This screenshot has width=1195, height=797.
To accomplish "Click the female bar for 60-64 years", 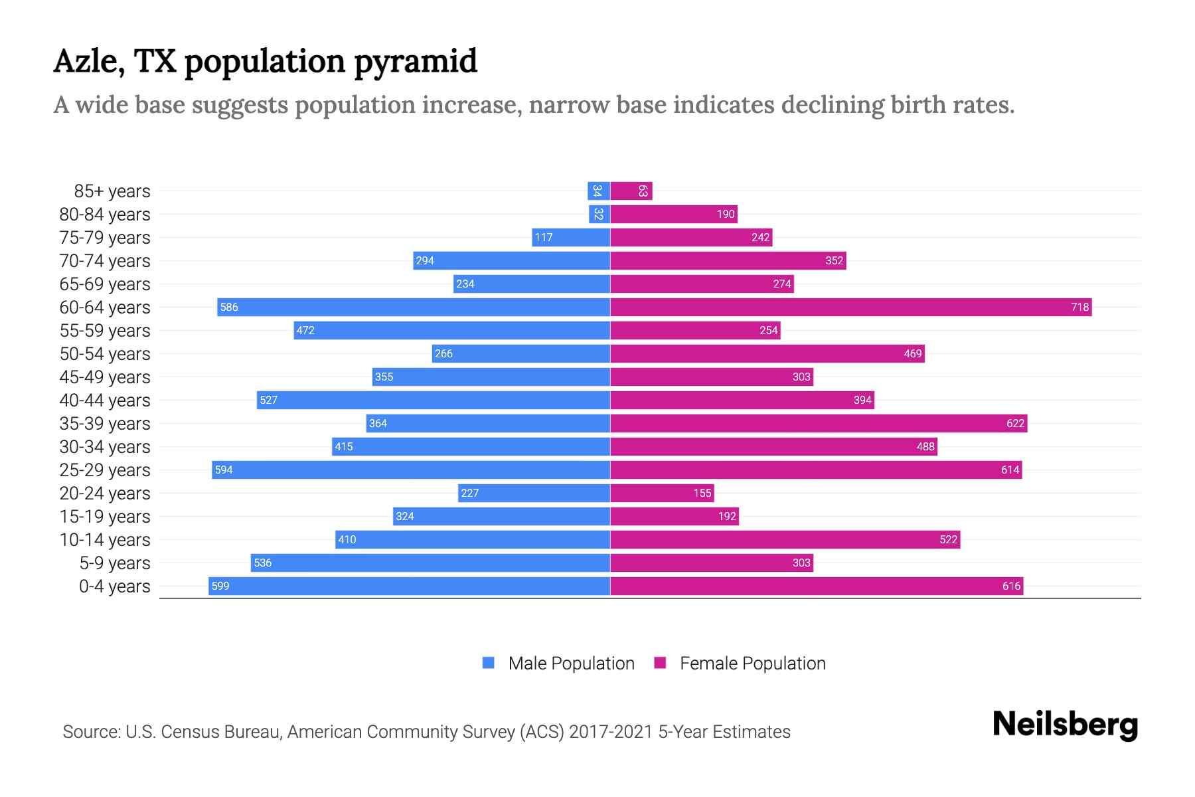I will point(850,307).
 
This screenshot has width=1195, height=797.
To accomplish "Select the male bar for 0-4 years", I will point(409,586).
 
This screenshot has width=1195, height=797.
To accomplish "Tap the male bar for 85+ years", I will point(599,191).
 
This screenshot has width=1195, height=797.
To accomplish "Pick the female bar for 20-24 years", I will point(662,493).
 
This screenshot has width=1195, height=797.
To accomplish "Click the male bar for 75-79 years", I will point(571,237).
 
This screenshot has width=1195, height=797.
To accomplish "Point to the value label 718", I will point(1079,307).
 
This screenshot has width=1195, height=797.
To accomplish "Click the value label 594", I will point(224,470).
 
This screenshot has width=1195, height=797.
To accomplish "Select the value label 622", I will point(1015,423).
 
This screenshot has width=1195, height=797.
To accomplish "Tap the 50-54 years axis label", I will point(105,354).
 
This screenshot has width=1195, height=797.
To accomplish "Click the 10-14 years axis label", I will point(105,540).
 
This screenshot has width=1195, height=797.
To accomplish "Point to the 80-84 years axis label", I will point(105,215).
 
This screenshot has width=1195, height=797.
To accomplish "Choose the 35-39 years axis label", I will point(105,424).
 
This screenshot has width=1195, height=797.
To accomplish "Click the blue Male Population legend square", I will point(489,663).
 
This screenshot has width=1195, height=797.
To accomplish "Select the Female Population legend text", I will point(752,664).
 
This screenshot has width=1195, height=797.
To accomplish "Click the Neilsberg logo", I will point(1065,725).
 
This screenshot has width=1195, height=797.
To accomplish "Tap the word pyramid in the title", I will point(416,62).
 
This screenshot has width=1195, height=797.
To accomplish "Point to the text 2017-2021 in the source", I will point(611,732).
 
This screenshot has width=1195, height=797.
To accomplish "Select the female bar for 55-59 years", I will point(695,330).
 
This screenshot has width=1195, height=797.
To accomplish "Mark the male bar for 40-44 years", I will point(434,400).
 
